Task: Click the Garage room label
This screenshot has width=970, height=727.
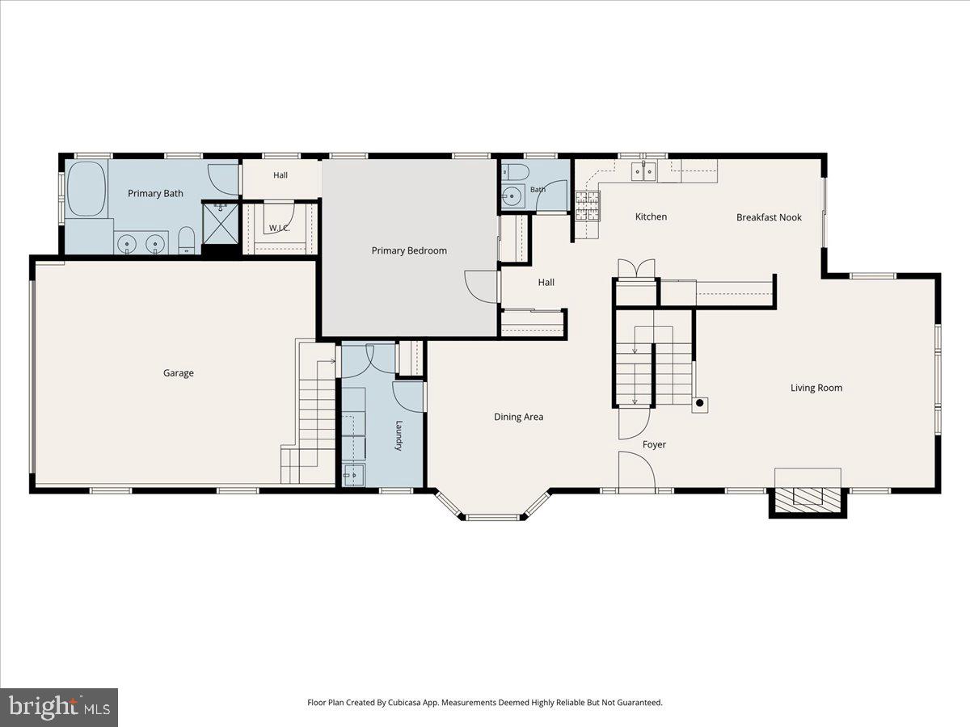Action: [178, 373]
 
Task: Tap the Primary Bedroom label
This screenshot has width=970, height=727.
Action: [409, 250]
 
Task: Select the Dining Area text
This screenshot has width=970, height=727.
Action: [518, 417]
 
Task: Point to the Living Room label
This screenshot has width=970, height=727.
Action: [816, 388]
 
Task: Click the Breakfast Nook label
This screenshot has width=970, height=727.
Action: [769, 217]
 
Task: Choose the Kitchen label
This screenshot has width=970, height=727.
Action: [651, 216]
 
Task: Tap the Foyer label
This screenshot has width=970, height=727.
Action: [654, 444]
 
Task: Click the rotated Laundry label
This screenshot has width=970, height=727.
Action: [399, 435]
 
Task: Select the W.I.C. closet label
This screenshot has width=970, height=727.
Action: [280, 229]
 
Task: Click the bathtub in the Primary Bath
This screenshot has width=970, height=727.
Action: [87, 188]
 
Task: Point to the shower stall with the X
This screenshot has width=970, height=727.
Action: [220, 223]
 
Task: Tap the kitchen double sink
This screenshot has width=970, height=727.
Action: [644, 171]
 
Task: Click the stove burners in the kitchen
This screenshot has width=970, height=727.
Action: [588, 206]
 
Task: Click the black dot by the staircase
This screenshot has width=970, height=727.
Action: [699, 402]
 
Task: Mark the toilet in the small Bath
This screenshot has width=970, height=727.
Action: [515, 172]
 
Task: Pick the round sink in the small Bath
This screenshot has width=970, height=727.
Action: [512, 195]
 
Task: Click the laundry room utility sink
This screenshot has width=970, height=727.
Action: [353, 475]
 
